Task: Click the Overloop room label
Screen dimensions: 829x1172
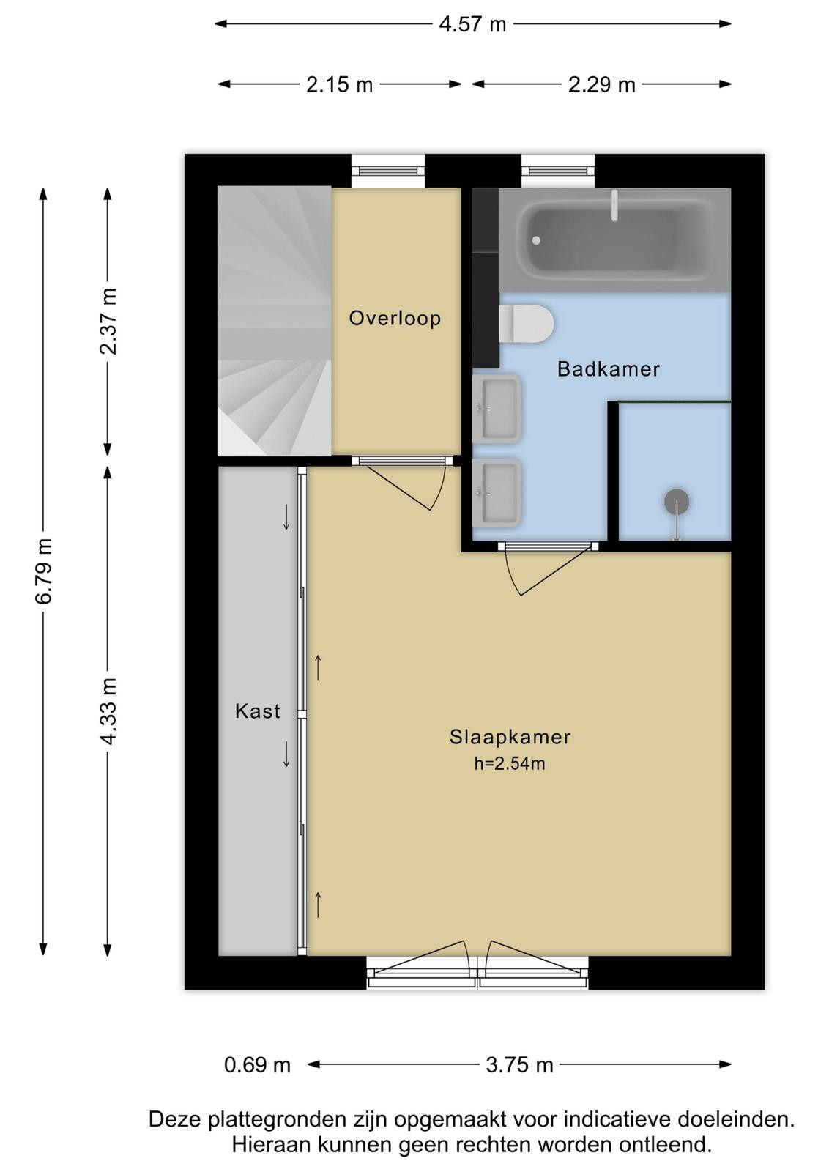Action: click(x=395, y=319)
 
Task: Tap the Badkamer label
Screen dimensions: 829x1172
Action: click(x=609, y=369)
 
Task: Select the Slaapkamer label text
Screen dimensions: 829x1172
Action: click(x=510, y=737)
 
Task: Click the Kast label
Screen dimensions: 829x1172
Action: click(x=257, y=711)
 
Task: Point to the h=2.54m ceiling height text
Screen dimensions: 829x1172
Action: click(x=510, y=764)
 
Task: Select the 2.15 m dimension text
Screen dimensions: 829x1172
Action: click(x=340, y=84)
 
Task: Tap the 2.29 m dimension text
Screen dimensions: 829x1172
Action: click(x=601, y=84)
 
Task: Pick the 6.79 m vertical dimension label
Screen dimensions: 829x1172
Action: click(x=44, y=571)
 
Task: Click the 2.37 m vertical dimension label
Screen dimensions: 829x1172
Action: click(x=108, y=322)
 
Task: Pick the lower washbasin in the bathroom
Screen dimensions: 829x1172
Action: click(x=497, y=493)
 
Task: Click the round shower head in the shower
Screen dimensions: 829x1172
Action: click(x=676, y=501)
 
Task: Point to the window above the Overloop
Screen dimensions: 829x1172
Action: click(x=387, y=171)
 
